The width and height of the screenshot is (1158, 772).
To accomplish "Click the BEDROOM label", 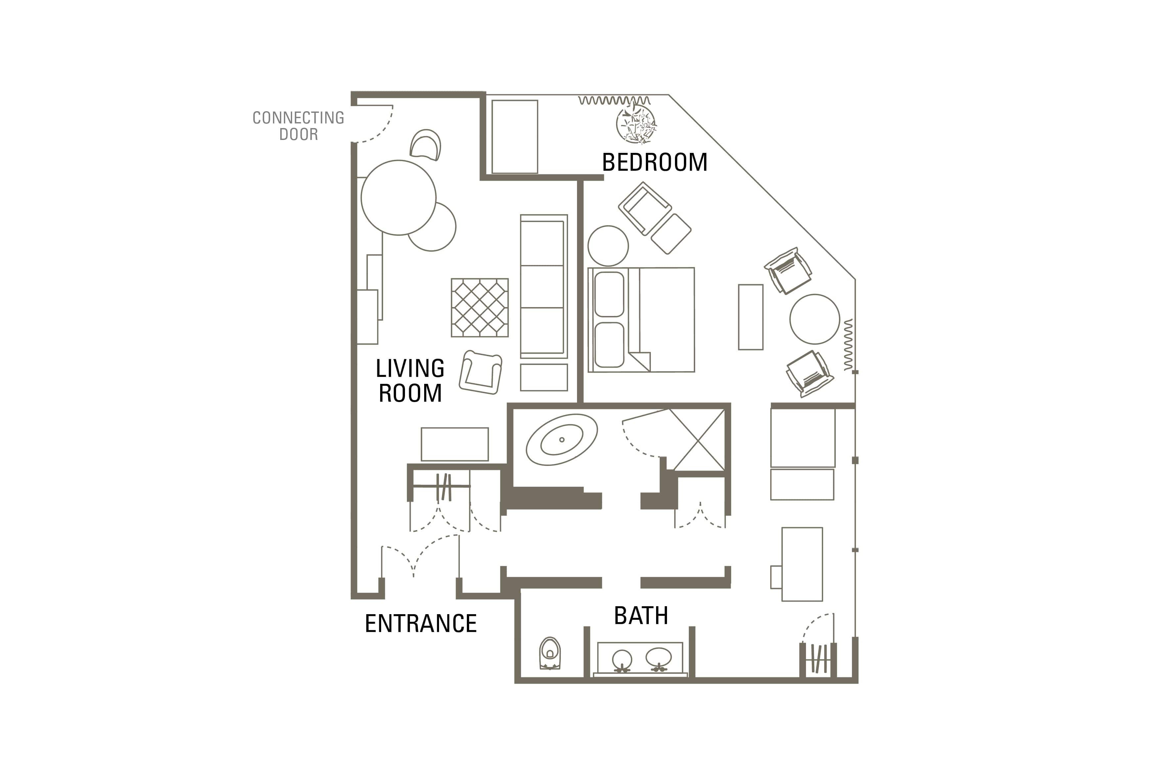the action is pyautogui.click(x=654, y=162).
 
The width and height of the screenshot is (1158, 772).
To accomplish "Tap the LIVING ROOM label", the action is pyautogui.click(x=410, y=381).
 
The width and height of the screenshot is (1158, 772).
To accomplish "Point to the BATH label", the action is pyautogui.click(x=641, y=615).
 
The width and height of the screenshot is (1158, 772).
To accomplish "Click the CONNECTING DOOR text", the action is pyautogui.click(x=298, y=125).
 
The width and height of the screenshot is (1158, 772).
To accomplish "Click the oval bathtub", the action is pyautogui.click(x=561, y=440).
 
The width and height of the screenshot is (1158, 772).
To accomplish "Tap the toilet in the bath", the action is pyautogui.click(x=550, y=653).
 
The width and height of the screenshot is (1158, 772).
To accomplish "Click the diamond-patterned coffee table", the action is pyautogui.click(x=479, y=308).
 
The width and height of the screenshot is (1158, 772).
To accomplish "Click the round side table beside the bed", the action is pyautogui.click(x=608, y=246).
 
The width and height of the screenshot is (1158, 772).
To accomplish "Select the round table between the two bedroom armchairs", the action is pyautogui.click(x=815, y=319).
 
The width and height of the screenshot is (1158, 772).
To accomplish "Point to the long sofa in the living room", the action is pyautogui.click(x=544, y=287).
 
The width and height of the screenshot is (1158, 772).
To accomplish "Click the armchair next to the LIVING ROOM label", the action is pyautogui.click(x=480, y=373).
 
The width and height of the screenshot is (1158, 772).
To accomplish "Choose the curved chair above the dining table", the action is pyautogui.click(x=425, y=145).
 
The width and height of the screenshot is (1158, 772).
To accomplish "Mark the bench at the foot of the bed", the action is pyautogui.click(x=750, y=317).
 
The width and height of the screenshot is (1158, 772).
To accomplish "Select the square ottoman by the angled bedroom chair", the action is pyautogui.click(x=671, y=234).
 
